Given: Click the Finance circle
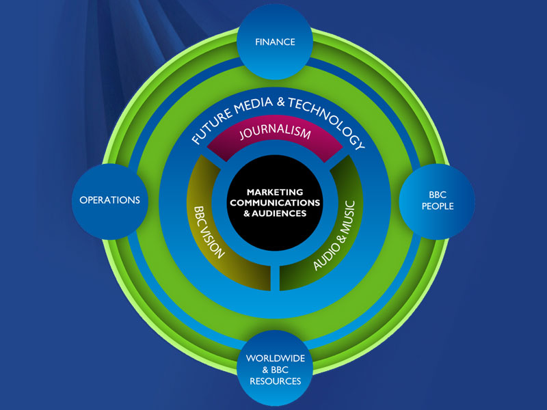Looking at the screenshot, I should (275, 42).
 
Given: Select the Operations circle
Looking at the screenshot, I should (109, 200).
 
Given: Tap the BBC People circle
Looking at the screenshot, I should (436, 200).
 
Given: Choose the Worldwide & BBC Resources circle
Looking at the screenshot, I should (275, 369).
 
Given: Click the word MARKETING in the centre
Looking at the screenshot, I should (275, 193).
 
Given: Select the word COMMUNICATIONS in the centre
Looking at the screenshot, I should (275, 203).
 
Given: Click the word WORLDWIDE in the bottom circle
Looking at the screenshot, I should (275, 358).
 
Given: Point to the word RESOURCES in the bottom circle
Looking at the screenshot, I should (275, 381).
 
